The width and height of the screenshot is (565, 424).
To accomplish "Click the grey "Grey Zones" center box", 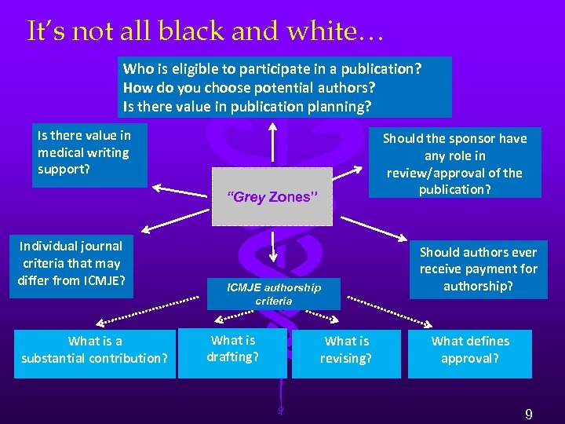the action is click(272, 196).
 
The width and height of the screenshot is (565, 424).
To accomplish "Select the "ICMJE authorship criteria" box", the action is click(273, 294).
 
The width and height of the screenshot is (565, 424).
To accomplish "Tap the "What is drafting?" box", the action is click(232, 349).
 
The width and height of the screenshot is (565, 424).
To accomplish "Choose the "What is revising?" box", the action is click(346, 349).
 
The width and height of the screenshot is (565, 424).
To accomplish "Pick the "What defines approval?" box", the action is click(469, 349).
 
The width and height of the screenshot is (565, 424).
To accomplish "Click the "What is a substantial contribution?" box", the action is click(94, 349).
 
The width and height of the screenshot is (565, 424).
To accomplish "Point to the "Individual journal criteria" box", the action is click(71, 263).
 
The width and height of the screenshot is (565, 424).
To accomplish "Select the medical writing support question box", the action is click(89, 152).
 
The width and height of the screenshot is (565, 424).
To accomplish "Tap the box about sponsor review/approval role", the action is click(454, 163).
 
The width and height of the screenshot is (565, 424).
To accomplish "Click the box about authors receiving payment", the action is click(478, 269).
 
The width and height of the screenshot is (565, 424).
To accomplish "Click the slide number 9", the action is click(529, 414).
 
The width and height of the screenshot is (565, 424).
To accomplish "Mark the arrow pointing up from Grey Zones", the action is click(272, 141).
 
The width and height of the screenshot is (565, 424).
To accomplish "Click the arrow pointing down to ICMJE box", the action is click(272, 247).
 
